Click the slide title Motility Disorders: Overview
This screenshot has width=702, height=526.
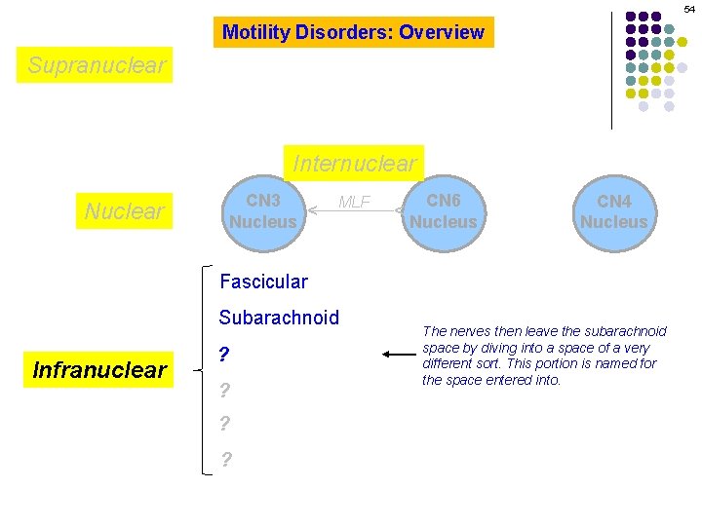pos(353,32)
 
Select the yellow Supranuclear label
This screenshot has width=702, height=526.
pos(97,65)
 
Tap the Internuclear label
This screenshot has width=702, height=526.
pos(355,163)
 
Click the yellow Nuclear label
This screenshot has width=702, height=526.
pos(125,210)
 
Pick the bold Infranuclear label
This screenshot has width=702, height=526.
pos(99,369)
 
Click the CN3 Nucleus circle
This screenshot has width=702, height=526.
pos(262,211)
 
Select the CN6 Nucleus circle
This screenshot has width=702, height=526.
pos(443,211)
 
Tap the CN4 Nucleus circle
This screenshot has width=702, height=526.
pos(613,211)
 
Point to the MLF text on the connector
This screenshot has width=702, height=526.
pos(354,202)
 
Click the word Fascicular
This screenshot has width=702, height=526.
pos(263,282)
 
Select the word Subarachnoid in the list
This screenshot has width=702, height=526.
pos(279,318)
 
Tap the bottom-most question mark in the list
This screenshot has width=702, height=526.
pos(226,460)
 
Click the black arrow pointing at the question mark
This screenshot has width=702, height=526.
pos(399,356)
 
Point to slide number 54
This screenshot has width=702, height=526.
pos(689,8)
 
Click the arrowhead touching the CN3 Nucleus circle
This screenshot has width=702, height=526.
pos(311,209)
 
